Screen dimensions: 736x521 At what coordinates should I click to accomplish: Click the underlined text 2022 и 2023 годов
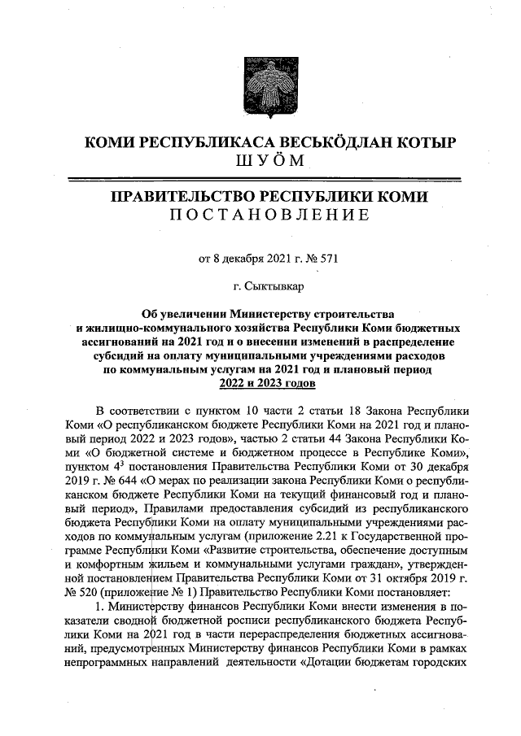tap(260, 383)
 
